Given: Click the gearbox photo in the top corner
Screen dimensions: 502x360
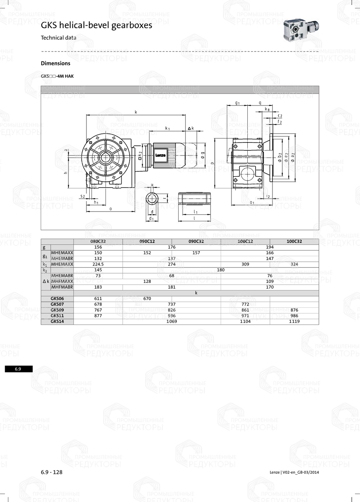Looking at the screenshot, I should pos(301,31).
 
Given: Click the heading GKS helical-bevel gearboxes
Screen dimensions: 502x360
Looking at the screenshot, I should pos(96,25).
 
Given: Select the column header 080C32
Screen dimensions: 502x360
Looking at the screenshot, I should pos(98,241).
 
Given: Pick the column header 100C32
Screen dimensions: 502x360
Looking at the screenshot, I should pos(294,241).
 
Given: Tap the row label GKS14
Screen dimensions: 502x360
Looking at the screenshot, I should pos(57,321).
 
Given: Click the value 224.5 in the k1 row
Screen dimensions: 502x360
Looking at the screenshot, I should pos(98,264).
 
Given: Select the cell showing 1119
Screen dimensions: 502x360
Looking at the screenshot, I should pos(294,321).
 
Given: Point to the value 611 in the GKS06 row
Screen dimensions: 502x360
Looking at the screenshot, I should pos(98,298).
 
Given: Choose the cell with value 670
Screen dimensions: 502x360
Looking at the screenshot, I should pos(147,298).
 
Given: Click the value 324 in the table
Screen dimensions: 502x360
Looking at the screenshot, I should pos(294,264).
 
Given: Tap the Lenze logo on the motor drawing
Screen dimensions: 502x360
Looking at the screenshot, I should pos(161,155).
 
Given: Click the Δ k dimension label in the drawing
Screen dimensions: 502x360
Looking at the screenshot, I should pos(191,128).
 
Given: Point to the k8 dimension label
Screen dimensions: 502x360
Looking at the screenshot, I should pos(267,109).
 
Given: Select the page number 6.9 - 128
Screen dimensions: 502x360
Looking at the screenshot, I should pos(51,472).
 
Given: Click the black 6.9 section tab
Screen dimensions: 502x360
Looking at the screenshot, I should pos(18,369).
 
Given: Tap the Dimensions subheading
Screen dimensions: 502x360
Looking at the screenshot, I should pos(55,63).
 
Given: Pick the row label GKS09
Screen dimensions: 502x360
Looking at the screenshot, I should pos(57,310).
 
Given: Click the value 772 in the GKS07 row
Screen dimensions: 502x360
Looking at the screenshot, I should pos(245,304).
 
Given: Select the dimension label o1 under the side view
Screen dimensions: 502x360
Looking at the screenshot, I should pos(252,203).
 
